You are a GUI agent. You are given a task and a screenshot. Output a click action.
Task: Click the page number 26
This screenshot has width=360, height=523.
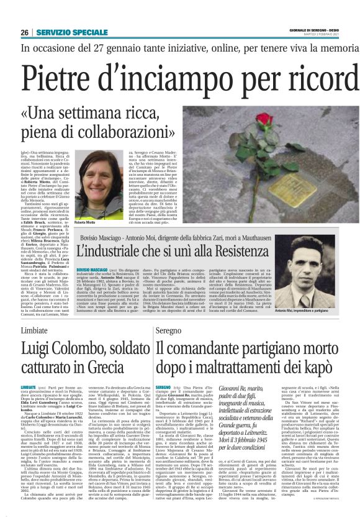pyautogui.click(x=24, y=32)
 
